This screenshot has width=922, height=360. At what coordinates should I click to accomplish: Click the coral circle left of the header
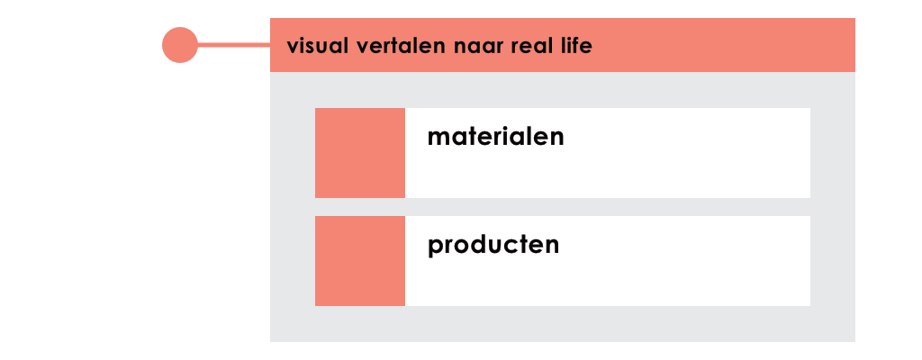click(x=180, y=45)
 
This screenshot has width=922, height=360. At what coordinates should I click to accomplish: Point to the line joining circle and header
click(x=234, y=45)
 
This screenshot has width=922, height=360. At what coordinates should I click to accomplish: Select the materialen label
click(x=496, y=137)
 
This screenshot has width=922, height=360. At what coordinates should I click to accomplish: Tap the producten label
click(x=493, y=246)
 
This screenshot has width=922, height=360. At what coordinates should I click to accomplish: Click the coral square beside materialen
click(x=360, y=153)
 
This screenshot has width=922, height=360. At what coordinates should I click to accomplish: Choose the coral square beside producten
click(x=360, y=261)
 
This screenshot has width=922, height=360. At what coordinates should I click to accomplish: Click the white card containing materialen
click(x=608, y=153)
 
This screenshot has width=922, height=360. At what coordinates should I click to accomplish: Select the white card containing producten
click(x=608, y=261)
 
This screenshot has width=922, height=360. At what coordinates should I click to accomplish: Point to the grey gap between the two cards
click(x=563, y=207)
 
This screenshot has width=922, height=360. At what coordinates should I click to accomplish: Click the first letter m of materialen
click(x=438, y=139)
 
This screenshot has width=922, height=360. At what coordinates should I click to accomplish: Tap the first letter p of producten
click(x=435, y=248)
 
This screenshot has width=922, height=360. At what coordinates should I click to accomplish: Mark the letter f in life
click(x=576, y=45)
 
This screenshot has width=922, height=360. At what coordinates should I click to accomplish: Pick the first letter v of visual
click(x=293, y=48)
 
